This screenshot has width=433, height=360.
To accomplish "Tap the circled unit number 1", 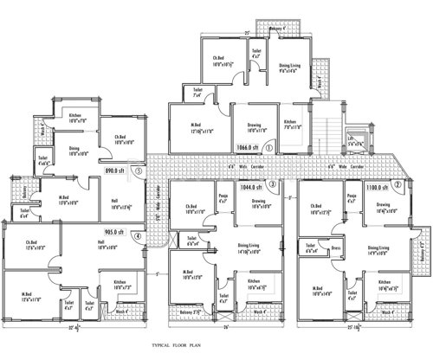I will click(268, 148).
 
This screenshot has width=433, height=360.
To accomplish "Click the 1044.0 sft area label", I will click(249, 184).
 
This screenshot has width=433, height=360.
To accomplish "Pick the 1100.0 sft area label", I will click(375, 185).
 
